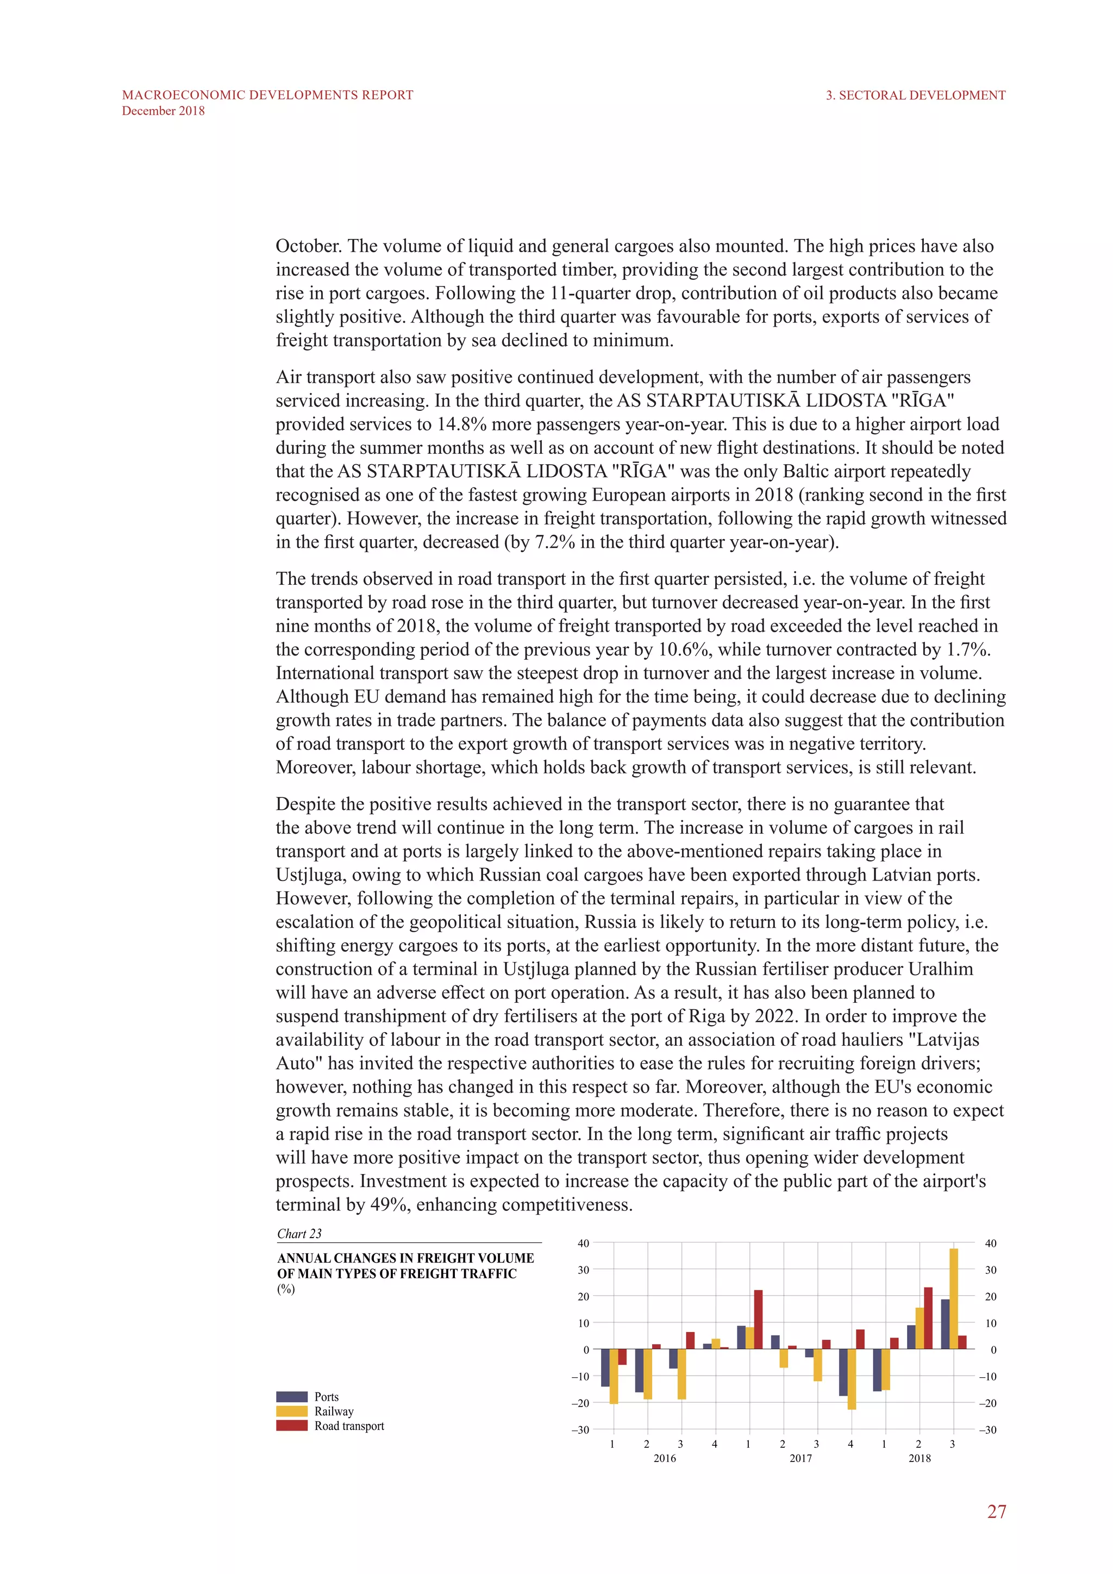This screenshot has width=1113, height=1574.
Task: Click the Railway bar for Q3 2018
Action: point(953,1298)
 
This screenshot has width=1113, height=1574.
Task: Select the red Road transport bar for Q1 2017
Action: point(758,1320)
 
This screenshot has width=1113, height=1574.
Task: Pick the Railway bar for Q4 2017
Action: point(851,1379)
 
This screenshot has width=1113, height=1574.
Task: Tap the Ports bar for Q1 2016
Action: point(605,1367)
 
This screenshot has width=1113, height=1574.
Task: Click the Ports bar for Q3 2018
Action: point(945,1324)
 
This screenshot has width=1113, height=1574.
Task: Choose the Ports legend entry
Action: point(326,1396)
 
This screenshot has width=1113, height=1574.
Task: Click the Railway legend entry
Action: point(334,1411)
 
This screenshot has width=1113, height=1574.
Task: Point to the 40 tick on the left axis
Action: point(583,1243)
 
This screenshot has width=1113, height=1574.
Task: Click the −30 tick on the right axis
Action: point(987,1429)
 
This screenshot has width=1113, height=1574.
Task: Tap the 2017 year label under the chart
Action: point(801,1458)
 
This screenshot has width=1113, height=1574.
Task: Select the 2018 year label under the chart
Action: point(920,1458)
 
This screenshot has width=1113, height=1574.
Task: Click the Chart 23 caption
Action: point(299,1233)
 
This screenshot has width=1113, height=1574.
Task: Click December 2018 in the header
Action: point(163,111)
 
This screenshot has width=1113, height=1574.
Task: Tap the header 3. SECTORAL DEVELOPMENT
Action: point(915,95)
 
